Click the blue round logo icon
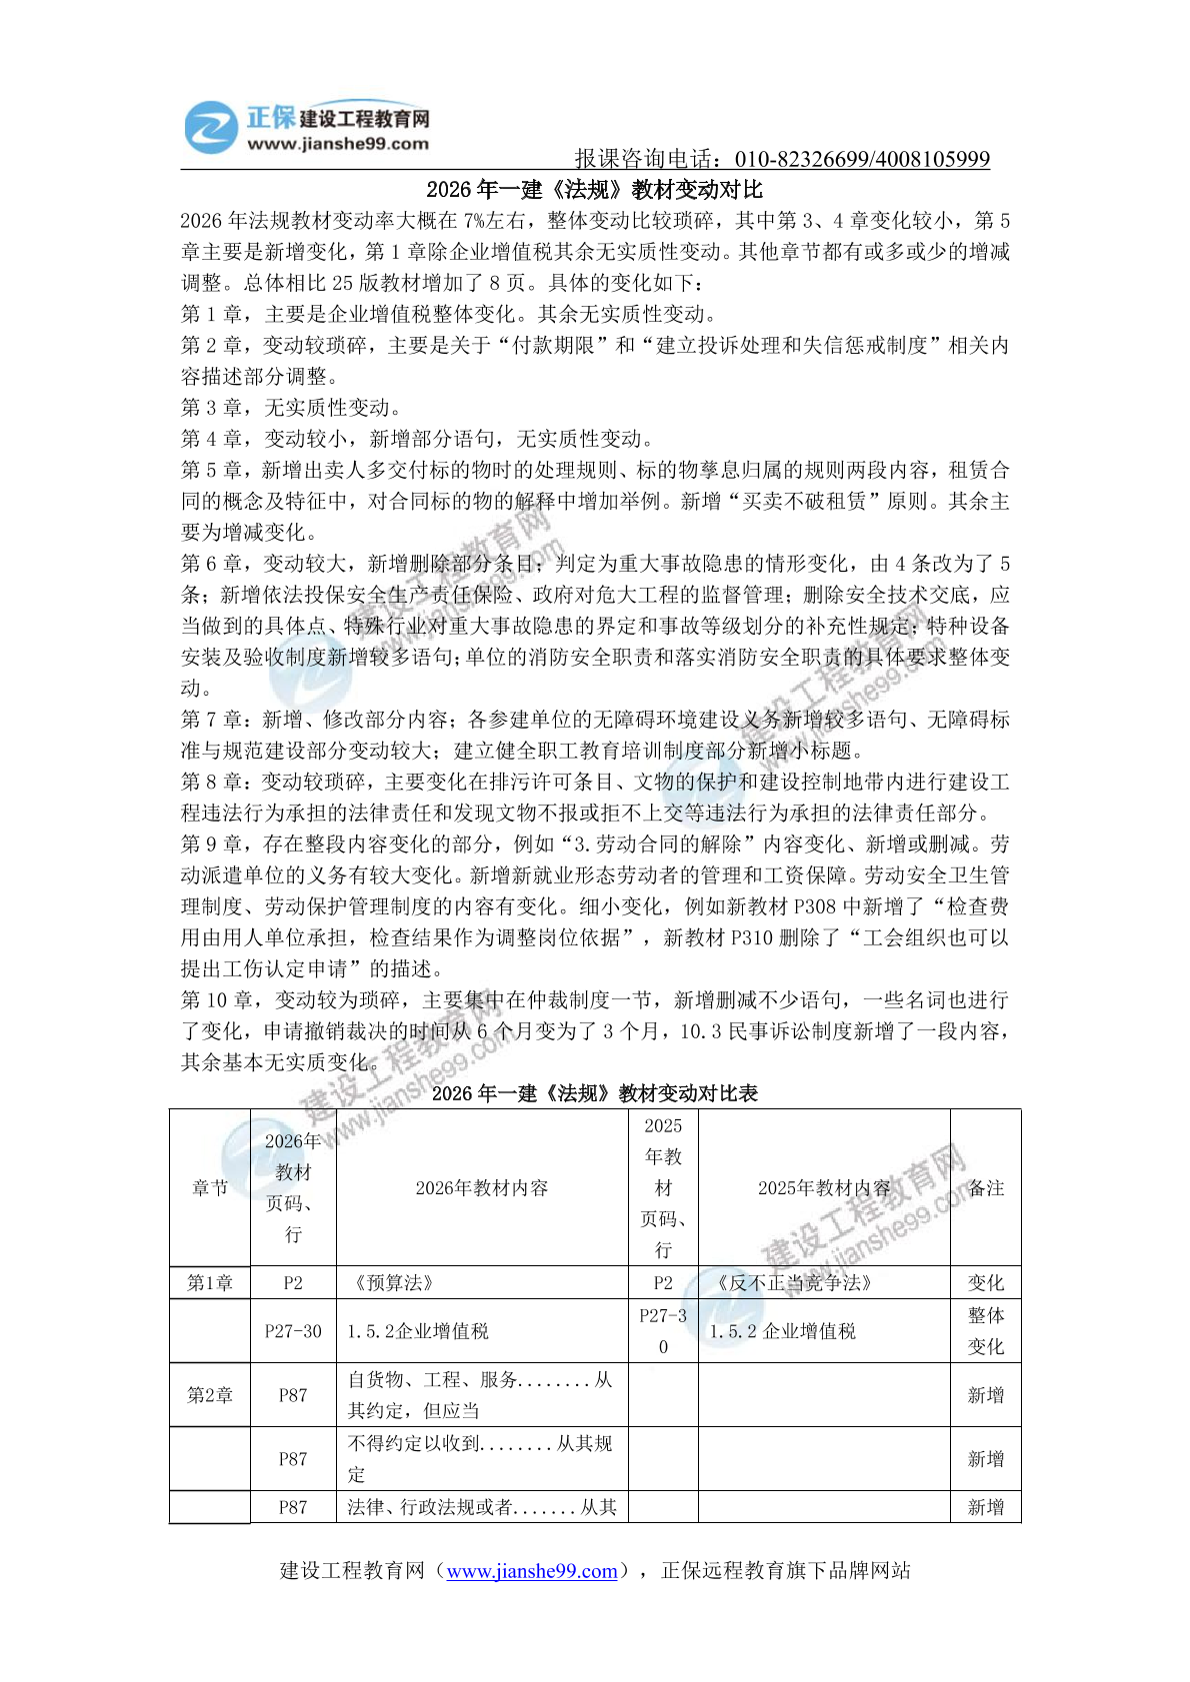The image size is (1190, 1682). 212,127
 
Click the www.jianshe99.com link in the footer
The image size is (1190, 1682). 531,1570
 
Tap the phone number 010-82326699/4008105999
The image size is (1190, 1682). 862,159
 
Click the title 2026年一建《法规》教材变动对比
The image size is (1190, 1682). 594,189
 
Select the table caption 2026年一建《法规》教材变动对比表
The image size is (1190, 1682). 594,1092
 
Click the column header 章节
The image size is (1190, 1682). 210,1187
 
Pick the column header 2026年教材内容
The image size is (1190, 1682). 482,1187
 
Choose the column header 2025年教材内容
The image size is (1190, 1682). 823,1187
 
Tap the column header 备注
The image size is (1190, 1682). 985,1187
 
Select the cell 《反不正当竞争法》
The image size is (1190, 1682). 794,1282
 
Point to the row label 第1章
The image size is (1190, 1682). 210,1282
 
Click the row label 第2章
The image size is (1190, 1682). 210,1394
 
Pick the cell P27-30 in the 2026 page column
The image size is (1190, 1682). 293,1330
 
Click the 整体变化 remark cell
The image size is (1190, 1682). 985,1330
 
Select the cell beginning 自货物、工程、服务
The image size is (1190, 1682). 480,1394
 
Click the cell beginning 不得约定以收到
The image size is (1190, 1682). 480,1458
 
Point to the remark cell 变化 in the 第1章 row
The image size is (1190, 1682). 985,1282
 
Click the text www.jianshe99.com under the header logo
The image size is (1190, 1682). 338,144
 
